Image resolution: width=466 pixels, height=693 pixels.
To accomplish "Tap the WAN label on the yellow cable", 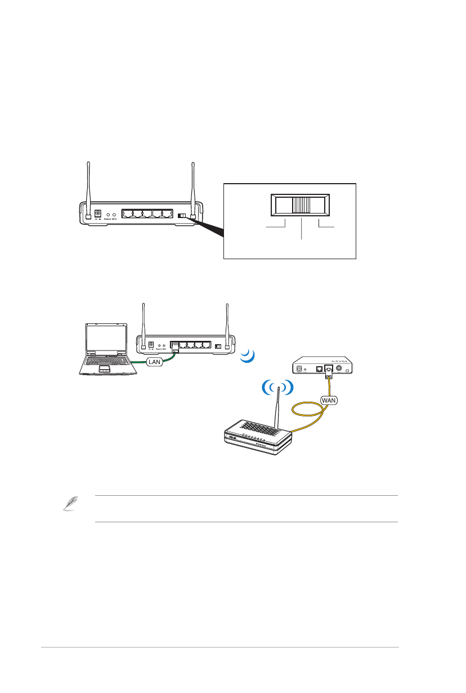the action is [x=329, y=399].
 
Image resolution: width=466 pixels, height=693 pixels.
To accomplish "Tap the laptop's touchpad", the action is [x=104, y=369].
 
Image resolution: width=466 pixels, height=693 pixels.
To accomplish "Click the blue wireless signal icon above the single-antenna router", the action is [x=277, y=387].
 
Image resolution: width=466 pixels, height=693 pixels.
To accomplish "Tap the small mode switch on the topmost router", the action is [x=181, y=216].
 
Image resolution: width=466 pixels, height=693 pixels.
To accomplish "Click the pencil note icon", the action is [x=68, y=505].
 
